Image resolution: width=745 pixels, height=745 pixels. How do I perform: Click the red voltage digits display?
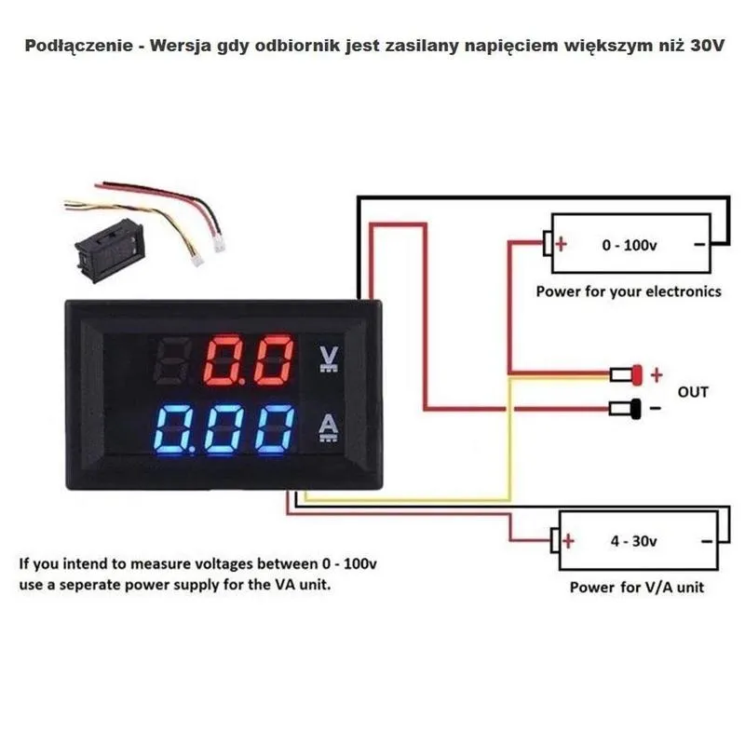(247, 361)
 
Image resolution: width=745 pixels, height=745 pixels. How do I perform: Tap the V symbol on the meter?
(328, 359)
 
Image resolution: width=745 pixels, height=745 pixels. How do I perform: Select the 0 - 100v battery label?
(630, 245)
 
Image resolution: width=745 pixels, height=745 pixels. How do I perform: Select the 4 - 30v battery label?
(633, 541)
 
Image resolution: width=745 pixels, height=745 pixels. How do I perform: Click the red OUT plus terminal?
(637, 375)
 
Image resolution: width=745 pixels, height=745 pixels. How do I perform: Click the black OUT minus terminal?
(637, 408)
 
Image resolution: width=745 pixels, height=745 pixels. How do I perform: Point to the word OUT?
(692, 392)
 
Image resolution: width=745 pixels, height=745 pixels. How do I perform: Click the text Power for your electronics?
(628, 291)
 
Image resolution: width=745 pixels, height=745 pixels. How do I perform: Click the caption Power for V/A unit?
(637, 588)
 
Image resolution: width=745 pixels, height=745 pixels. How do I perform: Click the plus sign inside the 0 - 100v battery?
(561, 245)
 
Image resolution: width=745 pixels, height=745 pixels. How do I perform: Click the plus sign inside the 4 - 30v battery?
(568, 541)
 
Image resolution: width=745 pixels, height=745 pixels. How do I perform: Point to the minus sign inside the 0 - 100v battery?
(699, 245)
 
